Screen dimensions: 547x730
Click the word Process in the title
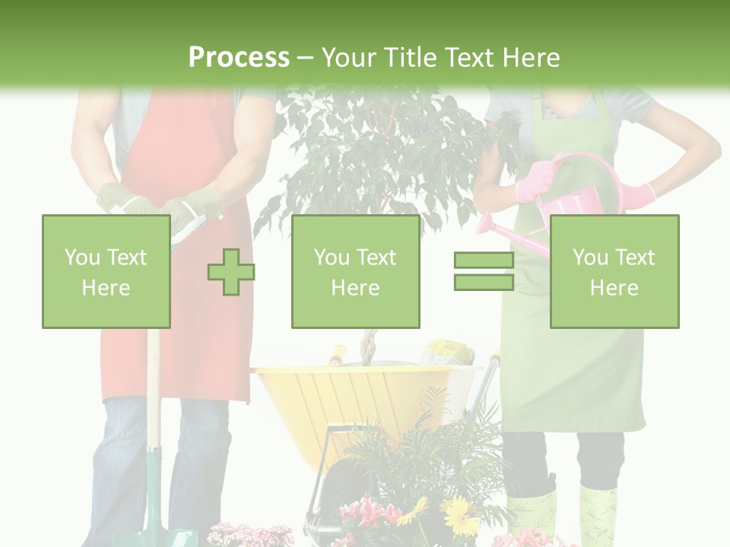(x=239, y=57)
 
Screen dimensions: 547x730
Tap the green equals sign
(x=484, y=271)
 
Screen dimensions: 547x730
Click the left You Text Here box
(x=106, y=271)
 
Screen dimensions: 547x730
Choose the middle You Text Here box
(x=355, y=271)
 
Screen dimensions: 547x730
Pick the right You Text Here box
(x=614, y=271)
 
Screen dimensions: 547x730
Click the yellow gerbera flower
(x=459, y=517)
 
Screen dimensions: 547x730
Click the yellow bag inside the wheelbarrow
(x=449, y=353)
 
